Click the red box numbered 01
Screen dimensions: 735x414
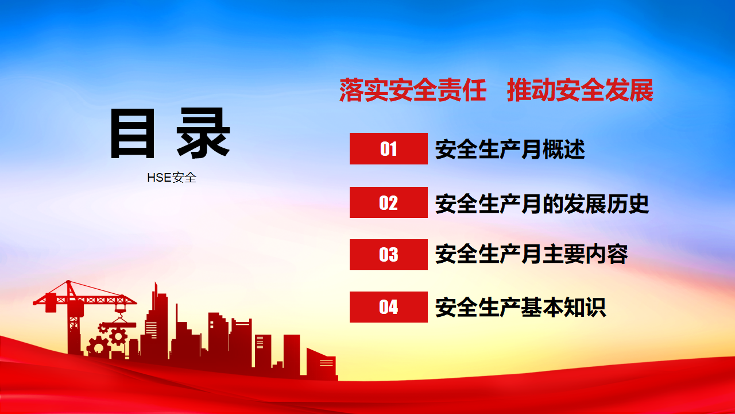[x=389, y=148]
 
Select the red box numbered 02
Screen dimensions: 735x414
[x=389, y=202]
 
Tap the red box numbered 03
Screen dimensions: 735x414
[x=389, y=255]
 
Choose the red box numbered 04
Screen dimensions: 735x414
[x=389, y=307]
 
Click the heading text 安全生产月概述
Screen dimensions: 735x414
[x=510, y=149]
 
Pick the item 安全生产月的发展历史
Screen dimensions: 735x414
[x=542, y=204]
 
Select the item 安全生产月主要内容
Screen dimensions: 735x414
[x=532, y=254]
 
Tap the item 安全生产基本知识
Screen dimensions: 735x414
[x=520, y=307]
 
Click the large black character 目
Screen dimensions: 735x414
[x=133, y=133]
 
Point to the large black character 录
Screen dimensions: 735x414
[x=203, y=133]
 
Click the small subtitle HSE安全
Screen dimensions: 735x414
[x=172, y=178]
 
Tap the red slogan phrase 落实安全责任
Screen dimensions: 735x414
[x=413, y=90]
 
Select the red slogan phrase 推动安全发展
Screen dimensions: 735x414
[x=580, y=90]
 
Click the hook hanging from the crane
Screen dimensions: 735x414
[x=121, y=309]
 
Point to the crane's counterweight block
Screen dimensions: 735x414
[x=51, y=302]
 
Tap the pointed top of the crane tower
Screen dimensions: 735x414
[x=68, y=281]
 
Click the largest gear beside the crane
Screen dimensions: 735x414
[x=98, y=347]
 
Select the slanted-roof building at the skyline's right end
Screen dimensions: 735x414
[x=321, y=363]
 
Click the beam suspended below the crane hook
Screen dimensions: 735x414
[x=121, y=325]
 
